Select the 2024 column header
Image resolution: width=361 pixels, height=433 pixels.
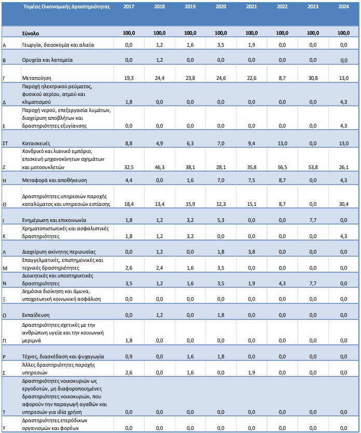click(x=343, y=7)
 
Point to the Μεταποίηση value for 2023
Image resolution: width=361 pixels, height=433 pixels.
click(x=313, y=78)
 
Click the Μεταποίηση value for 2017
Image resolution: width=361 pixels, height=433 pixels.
click(x=129, y=78)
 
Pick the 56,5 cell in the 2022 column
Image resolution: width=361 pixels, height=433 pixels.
click(x=282, y=167)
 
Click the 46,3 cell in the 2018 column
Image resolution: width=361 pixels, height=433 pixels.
click(x=160, y=167)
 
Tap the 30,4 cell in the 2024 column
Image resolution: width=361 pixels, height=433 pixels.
click(x=343, y=204)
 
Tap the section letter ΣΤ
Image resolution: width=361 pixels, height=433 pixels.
click(x=6, y=143)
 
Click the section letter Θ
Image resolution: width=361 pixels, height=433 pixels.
click(x=5, y=205)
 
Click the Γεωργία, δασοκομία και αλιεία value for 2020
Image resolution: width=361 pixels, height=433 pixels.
click(x=221, y=45)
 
